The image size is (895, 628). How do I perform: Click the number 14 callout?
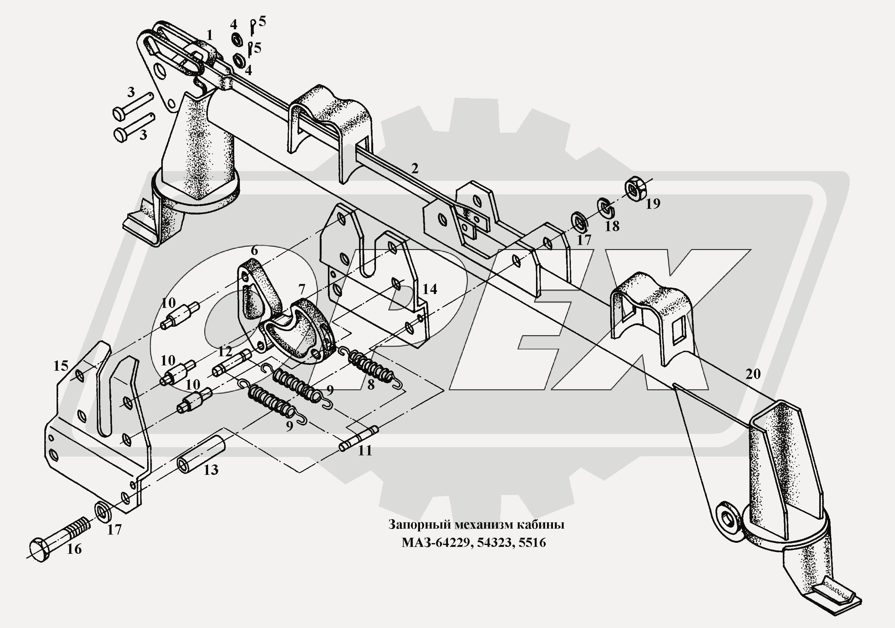[429, 289]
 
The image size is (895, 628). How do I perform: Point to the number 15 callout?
[61, 366]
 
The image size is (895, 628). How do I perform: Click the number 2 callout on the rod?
[415, 169]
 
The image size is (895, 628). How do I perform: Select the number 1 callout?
[210, 36]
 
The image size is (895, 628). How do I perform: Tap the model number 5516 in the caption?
[533, 542]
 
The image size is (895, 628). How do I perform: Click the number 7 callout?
[301, 289]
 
